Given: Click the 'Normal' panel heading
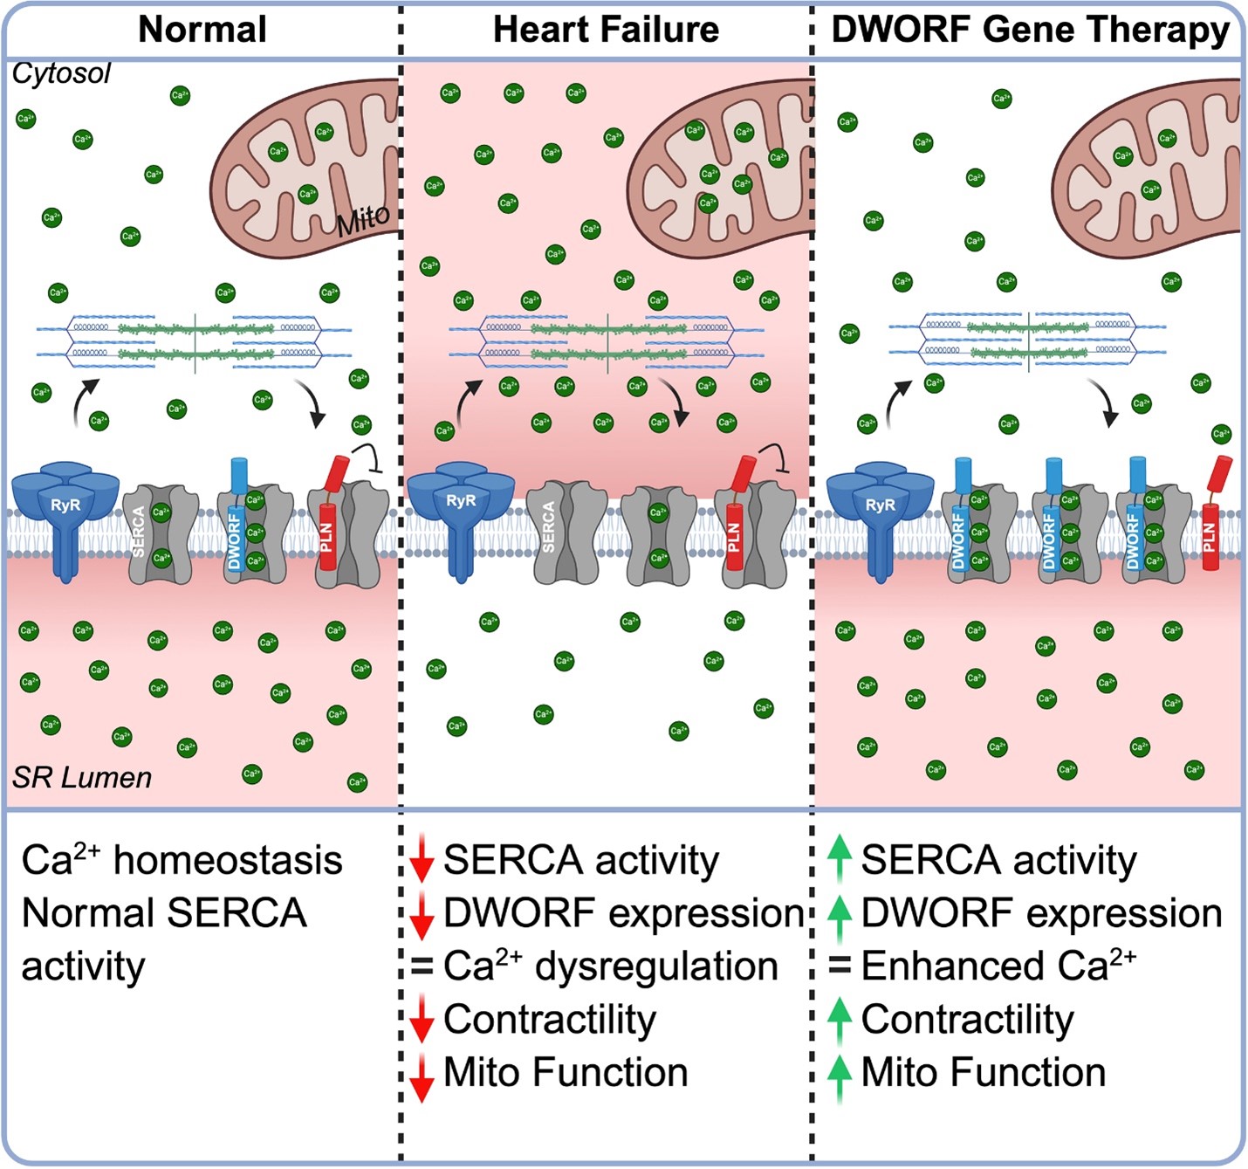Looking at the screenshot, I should (x=202, y=30).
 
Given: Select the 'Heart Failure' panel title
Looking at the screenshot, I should (x=606, y=30).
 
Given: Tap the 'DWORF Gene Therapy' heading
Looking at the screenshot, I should (x=1030, y=30).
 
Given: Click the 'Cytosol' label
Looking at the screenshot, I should (x=61, y=72).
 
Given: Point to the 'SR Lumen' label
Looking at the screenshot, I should (x=82, y=777).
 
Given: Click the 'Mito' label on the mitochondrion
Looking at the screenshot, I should (x=363, y=220).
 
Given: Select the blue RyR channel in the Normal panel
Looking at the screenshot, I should (x=65, y=515).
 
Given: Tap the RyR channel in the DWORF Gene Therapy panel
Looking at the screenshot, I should (x=880, y=515).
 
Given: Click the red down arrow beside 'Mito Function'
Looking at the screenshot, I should (x=422, y=1076).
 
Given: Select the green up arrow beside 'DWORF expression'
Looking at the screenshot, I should (x=839, y=917).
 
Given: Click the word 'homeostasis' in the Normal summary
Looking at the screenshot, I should (x=228, y=861).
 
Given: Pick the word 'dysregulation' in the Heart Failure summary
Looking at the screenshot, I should (x=656, y=967).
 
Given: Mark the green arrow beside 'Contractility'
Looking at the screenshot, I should (x=839, y=1021).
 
